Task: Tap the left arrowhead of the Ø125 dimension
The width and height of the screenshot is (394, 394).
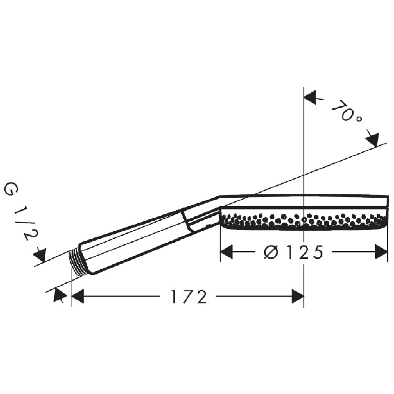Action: tap(227, 252)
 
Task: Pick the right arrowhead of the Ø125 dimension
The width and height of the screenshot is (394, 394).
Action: tap(382, 252)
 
